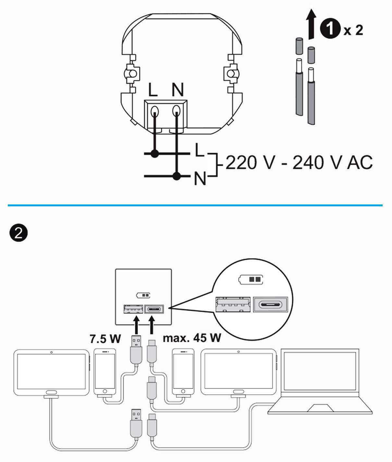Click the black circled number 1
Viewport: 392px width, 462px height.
coord(330,28)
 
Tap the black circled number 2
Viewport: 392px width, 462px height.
coord(18,233)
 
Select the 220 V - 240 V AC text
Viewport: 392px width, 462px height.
coord(299,163)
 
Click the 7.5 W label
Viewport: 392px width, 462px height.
coord(105,339)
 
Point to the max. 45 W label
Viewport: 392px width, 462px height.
coord(192,338)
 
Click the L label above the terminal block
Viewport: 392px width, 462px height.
coord(153,90)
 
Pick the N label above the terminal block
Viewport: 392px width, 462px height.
coord(178,90)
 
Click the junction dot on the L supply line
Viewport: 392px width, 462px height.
coord(155,153)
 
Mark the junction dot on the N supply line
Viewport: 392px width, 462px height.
coord(177,176)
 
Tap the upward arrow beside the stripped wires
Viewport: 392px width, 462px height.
coord(311,24)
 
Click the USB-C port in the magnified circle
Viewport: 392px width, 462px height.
coord(270,304)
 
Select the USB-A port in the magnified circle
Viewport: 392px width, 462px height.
coord(233,304)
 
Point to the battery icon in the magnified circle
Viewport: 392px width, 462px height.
coord(251,279)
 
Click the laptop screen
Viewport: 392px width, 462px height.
coord(320,371)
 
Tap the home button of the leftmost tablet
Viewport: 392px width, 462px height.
coord(51,392)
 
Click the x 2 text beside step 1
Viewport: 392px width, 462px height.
coord(353,30)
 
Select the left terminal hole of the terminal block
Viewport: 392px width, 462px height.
coord(155,111)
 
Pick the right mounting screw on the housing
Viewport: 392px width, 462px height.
coord(232,74)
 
